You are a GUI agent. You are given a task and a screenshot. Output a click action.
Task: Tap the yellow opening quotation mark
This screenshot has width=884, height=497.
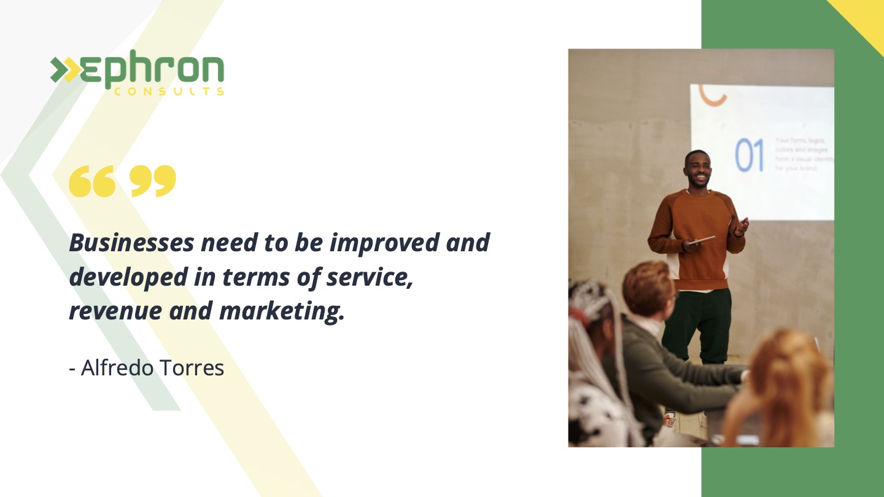(91, 181)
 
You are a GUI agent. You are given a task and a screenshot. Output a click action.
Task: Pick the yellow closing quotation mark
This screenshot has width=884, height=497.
(153, 181)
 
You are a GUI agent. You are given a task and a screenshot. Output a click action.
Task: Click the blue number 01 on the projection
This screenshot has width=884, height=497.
(750, 155)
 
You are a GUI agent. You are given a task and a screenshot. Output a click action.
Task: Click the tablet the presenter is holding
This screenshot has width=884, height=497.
(701, 240)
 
